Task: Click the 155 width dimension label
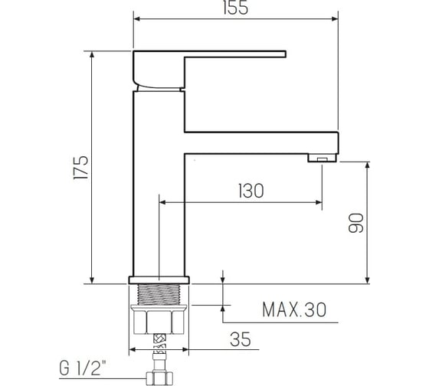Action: (x=236, y=8)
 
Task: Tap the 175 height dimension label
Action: (x=81, y=168)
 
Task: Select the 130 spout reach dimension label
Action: (x=251, y=191)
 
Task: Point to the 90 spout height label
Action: (x=356, y=223)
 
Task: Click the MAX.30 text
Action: (x=294, y=310)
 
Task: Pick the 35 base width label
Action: (x=241, y=339)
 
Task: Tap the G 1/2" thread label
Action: (x=83, y=368)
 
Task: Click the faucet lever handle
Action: (x=209, y=69)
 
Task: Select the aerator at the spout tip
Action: (x=322, y=158)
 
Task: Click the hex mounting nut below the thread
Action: (x=159, y=319)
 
